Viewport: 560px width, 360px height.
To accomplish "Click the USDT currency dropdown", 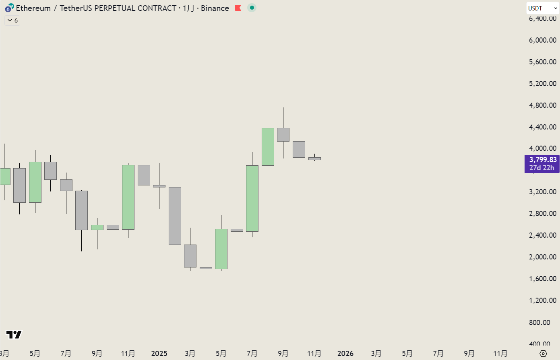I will click(x=542, y=8).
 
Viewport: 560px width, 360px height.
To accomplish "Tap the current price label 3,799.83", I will click(x=543, y=160).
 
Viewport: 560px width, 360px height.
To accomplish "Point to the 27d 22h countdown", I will click(x=541, y=168).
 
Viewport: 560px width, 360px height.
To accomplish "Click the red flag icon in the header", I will click(x=238, y=8).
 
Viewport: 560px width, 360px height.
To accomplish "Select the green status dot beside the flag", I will click(x=252, y=8).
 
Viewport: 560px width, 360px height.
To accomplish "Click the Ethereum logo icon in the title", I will click(x=9, y=8).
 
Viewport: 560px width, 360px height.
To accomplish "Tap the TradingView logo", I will click(x=14, y=335).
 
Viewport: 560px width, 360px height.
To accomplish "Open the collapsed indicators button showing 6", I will click(x=12, y=21).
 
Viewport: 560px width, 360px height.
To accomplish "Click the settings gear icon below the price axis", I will click(x=543, y=354).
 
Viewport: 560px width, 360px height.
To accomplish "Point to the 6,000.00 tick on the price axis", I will click(x=543, y=40).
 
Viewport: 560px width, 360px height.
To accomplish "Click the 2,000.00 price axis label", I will click(x=543, y=257).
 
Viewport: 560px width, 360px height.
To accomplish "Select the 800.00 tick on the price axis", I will click(x=543, y=322).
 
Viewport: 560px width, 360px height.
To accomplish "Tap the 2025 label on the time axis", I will click(x=159, y=354).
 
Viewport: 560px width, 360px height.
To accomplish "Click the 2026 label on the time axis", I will click(x=345, y=354).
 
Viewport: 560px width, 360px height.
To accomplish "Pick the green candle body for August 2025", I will click(x=268, y=147).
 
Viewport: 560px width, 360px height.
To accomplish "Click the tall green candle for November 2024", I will click(x=128, y=197).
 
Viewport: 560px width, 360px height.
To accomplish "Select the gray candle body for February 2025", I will click(x=175, y=216).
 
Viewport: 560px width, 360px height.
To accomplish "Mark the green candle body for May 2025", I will click(x=221, y=249).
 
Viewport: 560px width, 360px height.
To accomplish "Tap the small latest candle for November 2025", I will click(x=314, y=158).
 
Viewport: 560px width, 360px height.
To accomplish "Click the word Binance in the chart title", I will click(x=215, y=8).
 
